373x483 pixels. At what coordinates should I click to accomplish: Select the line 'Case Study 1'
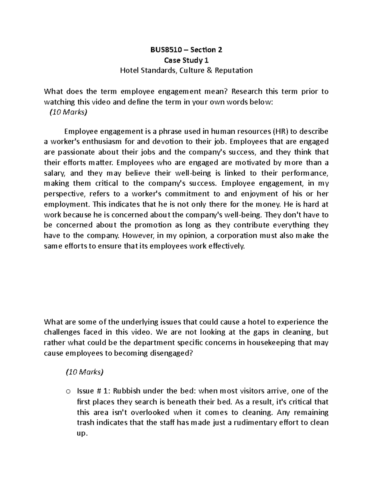point(186,60)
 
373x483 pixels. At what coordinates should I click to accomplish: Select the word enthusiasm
point(105,142)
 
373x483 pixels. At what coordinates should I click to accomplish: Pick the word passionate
point(76,152)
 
